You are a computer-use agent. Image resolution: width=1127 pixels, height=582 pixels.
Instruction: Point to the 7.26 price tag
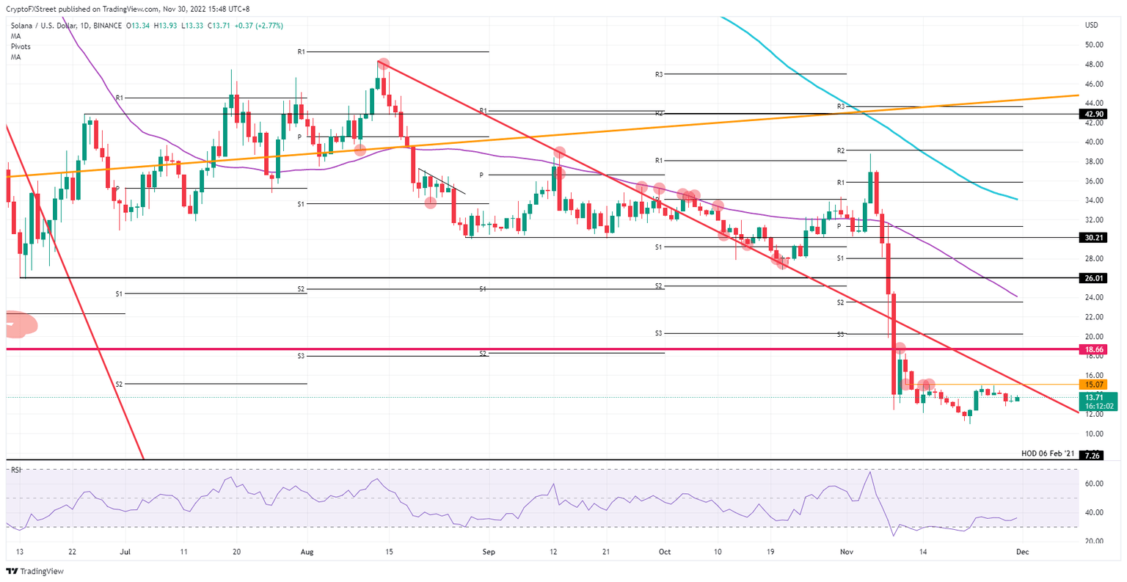1093,456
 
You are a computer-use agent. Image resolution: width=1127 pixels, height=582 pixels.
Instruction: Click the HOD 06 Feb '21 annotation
1048,454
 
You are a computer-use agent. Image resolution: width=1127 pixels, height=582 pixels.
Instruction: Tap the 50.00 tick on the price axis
1094,45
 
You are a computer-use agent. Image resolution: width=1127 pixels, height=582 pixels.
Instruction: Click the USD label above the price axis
1092,26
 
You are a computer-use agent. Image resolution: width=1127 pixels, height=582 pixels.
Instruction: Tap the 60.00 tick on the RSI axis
1094,484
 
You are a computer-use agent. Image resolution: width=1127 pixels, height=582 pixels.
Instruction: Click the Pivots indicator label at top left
21,46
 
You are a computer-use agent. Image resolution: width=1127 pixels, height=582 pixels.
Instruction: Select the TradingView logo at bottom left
35,571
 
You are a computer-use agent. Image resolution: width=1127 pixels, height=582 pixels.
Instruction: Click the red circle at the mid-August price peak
383,65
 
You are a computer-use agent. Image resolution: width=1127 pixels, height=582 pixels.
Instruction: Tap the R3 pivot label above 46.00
659,74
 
